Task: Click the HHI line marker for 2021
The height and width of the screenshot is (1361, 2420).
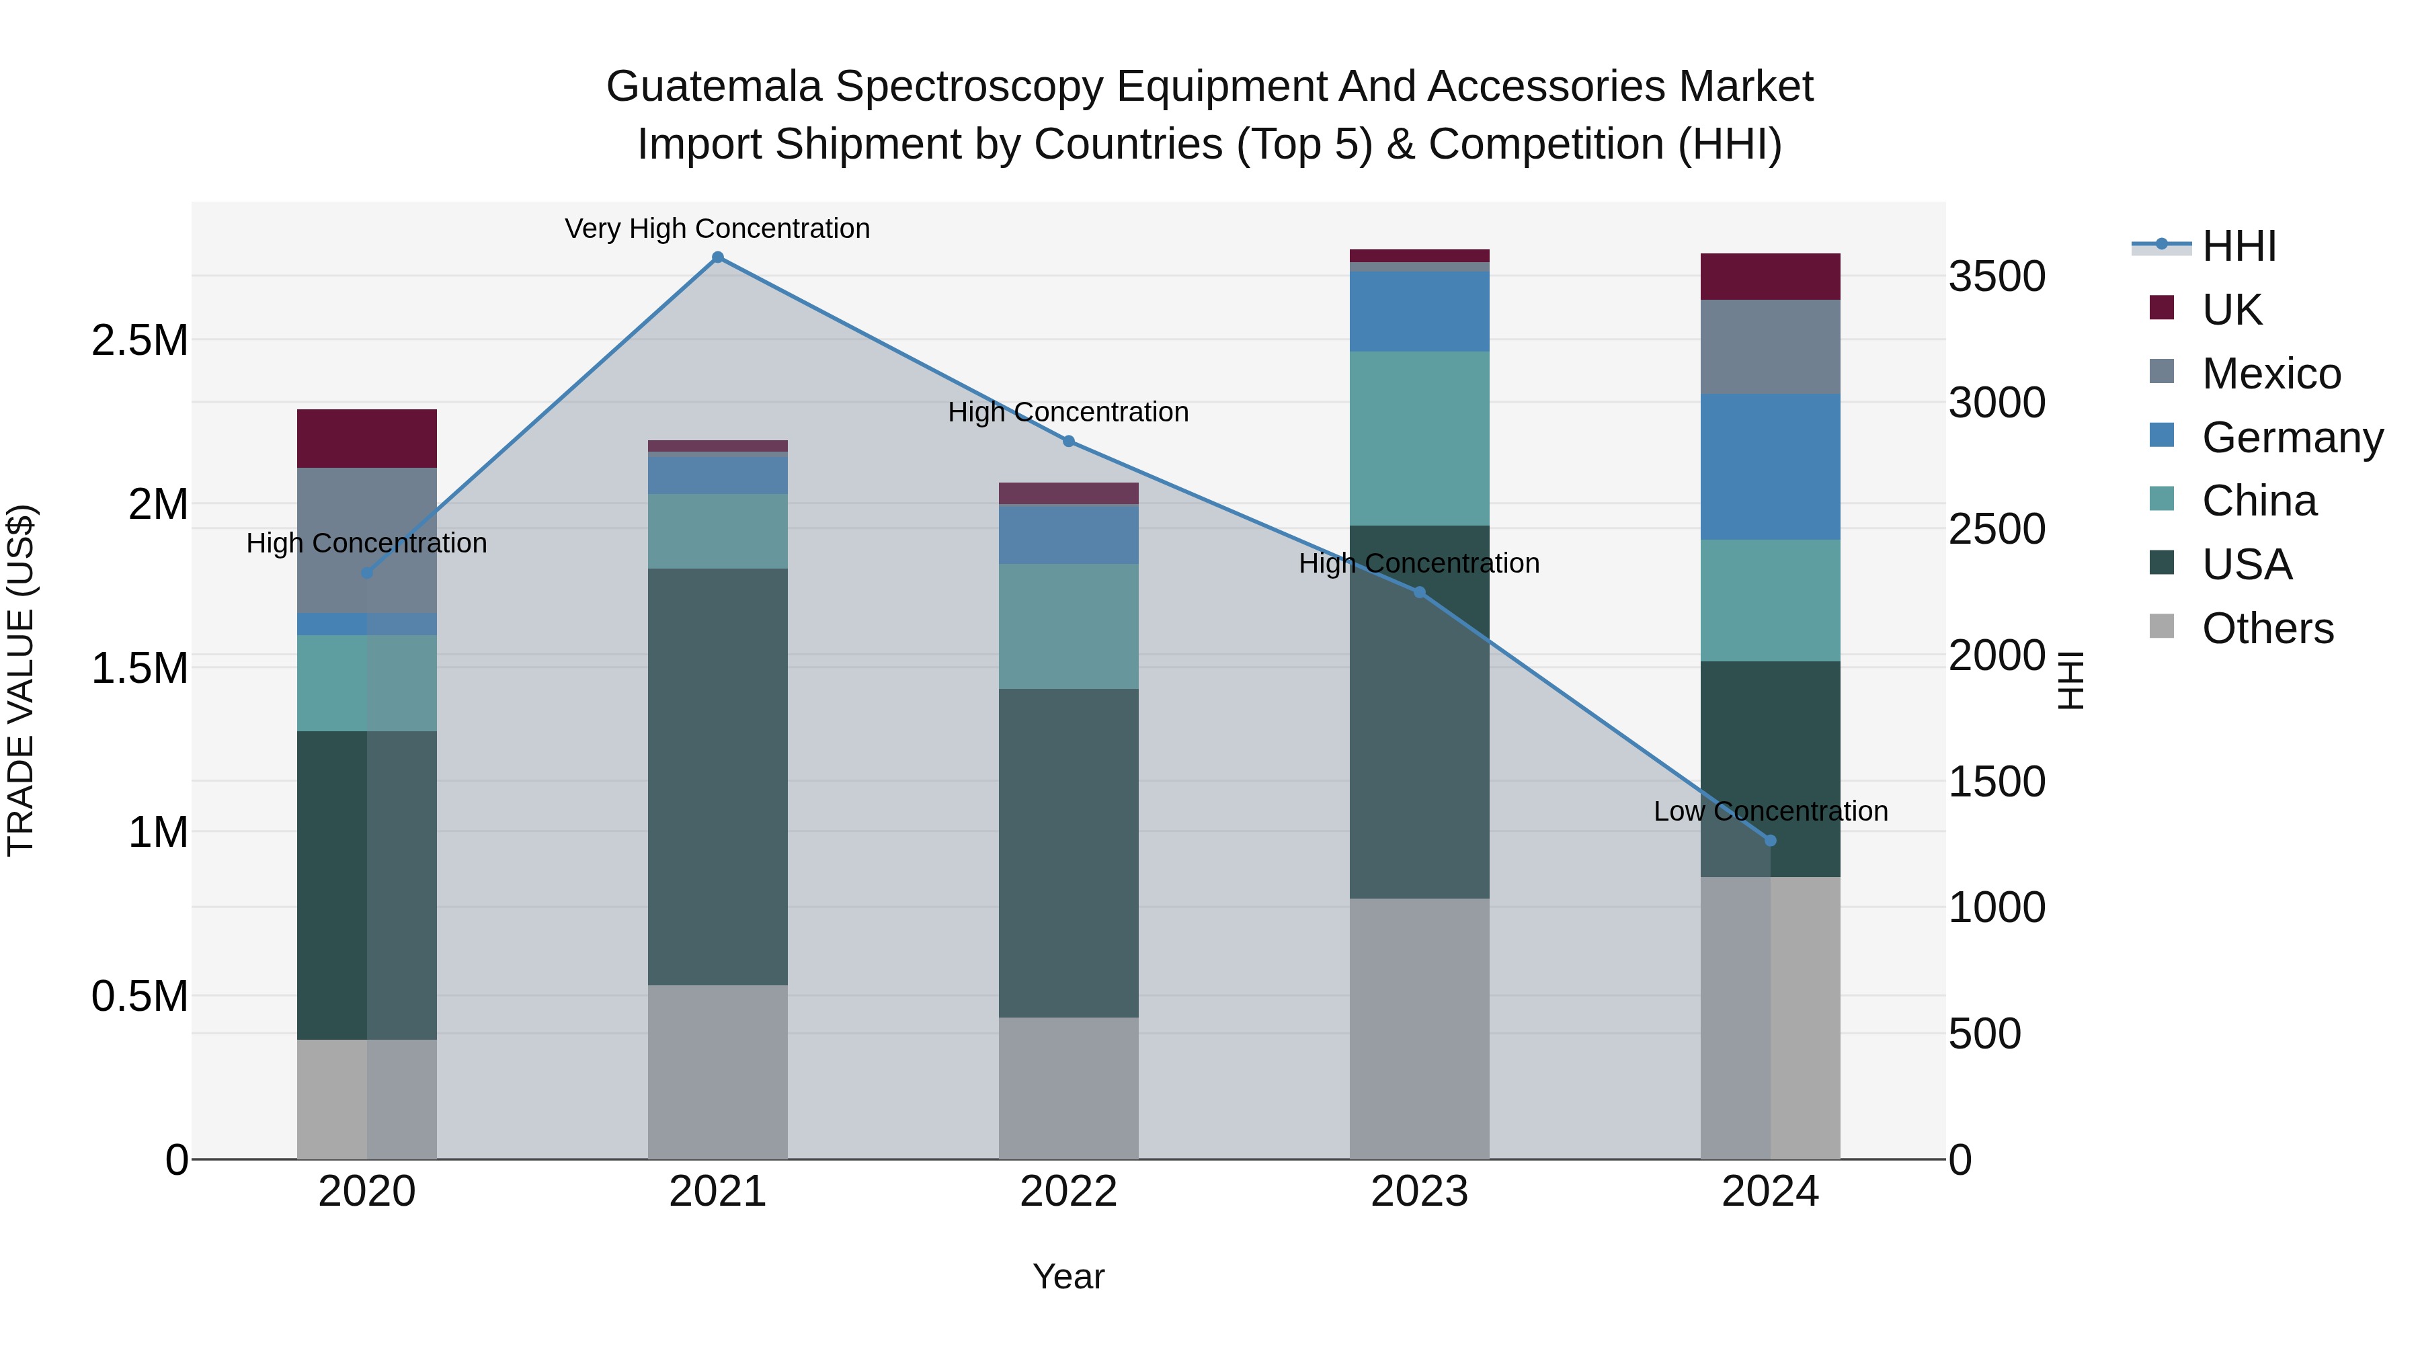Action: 718,257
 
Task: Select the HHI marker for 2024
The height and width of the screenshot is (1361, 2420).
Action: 1771,841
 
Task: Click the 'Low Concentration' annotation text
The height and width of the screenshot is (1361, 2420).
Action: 1771,811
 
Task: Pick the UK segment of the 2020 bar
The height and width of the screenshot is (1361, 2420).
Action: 366,439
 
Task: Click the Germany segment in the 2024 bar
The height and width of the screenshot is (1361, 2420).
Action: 1771,467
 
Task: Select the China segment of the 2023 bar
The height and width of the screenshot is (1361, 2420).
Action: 1420,439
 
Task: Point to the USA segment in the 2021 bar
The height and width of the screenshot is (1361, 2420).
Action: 718,777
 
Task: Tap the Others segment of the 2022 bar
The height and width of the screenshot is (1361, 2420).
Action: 1068,1087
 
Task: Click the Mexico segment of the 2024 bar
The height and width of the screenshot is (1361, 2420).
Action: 1771,347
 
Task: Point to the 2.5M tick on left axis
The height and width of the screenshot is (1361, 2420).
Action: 139,340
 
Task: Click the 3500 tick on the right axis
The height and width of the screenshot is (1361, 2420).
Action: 1997,277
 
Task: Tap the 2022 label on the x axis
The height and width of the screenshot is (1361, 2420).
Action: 1068,1192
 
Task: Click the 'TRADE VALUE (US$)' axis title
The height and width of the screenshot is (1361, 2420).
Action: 21,680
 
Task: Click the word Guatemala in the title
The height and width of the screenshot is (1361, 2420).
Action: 713,87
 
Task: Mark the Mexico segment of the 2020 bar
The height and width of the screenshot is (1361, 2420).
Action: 366,540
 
